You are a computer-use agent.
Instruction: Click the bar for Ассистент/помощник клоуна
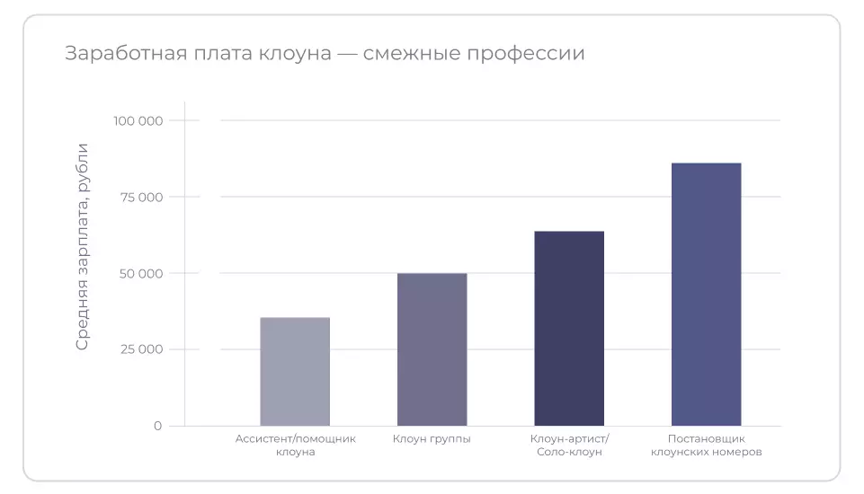click(x=295, y=371)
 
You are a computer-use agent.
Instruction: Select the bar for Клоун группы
click(x=432, y=349)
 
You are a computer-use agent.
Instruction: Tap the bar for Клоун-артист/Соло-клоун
click(x=569, y=328)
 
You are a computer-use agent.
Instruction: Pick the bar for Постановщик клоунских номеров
click(x=706, y=294)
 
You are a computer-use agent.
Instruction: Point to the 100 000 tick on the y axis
click(x=138, y=120)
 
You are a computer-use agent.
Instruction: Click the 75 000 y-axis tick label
click(x=141, y=197)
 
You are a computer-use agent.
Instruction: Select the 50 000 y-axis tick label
click(x=141, y=273)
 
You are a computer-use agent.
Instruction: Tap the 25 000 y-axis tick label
click(x=141, y=349)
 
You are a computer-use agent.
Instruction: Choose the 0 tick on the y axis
click(x=157, y=426)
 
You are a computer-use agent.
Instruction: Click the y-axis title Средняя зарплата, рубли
click(x=83, y=246)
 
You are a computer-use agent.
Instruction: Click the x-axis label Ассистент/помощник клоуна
click(x=295, y=445)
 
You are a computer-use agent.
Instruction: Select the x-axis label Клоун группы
click(x=432, y=439)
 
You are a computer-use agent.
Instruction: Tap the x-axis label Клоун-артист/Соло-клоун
click(x=569, y=445)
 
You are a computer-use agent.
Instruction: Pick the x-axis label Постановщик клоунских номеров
click(x=706, y=445)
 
